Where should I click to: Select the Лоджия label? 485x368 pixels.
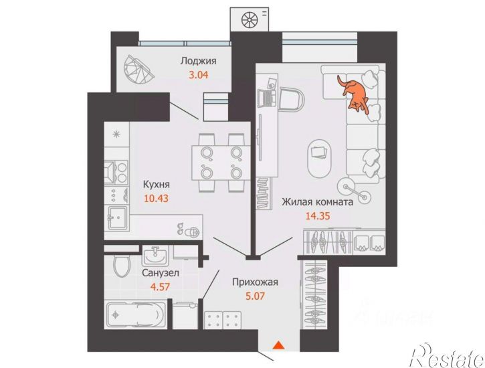click(198, 61)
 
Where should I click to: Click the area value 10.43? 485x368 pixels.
click(156, 198)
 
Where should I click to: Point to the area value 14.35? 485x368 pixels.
click(318, 216)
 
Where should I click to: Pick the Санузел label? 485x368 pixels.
click(161, 273)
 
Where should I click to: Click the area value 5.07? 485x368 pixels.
click(255, 296)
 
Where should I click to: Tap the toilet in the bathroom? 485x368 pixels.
click(122, 266)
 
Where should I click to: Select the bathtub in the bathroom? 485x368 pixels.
click(136, 315)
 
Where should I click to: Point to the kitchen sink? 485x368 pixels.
click(118, 217)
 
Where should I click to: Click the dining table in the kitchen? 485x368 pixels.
click(221, 163)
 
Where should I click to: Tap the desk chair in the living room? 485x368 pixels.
click(292, 99)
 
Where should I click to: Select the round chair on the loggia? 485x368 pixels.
click(138, 70)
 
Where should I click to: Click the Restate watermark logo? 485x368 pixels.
click(447, 356)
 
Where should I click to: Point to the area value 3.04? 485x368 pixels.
click(199, 74)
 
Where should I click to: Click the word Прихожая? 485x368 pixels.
click(255, 282)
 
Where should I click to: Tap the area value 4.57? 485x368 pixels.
click(160, 286)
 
